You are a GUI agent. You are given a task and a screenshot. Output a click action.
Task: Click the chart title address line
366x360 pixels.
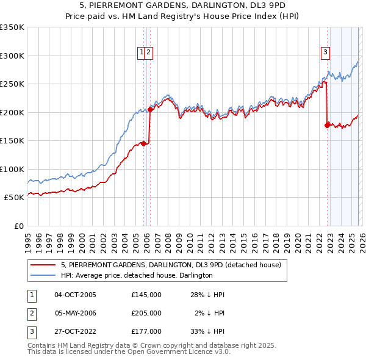pos(183,4)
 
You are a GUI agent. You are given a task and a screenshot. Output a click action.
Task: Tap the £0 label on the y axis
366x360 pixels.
pos(18,226)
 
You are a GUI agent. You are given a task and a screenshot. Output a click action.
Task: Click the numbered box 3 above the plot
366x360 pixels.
pos(326,52)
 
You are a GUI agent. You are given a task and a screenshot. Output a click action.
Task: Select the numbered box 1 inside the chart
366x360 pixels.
pos(142,52)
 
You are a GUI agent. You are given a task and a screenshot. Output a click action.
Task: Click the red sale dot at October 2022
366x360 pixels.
pos(327,125)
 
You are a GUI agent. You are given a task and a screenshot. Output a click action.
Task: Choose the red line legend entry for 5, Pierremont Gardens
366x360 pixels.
pos(171,265)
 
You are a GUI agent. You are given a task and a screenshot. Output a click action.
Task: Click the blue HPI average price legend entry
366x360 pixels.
pos(137,275)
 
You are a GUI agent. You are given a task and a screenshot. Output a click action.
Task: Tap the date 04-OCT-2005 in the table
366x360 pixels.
pos(75,295)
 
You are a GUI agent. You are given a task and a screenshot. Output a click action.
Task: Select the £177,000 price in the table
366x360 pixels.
pos(146,331)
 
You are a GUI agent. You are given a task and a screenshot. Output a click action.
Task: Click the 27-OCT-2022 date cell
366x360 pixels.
pos(75,331)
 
